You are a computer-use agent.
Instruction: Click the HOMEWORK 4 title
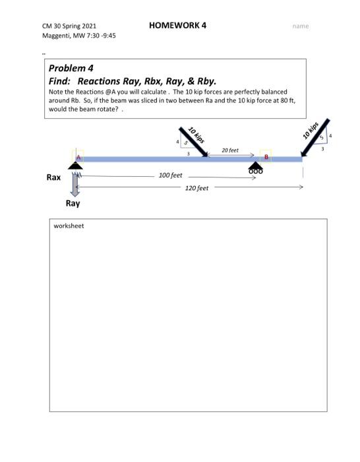[177, 25]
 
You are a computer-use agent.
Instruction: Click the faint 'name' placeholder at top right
[301, 26]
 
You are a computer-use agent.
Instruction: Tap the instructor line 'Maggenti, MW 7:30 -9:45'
[78, 35]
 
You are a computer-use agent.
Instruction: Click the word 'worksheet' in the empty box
[69, 226]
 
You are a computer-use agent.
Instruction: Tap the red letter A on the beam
[77, 157]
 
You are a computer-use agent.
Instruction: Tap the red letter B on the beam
[266, 157]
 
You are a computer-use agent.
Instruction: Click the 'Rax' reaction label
[53, 178]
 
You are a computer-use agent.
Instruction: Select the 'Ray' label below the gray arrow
[73, 203]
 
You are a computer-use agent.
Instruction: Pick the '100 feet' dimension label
[171, 176]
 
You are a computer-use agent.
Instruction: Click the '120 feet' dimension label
[196, 188]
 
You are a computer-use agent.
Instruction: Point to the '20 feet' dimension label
[230, 150]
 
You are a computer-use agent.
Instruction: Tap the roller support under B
[255, 167]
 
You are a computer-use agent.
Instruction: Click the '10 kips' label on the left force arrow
[196, 134]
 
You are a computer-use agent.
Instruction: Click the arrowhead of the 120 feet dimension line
[301, 187]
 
